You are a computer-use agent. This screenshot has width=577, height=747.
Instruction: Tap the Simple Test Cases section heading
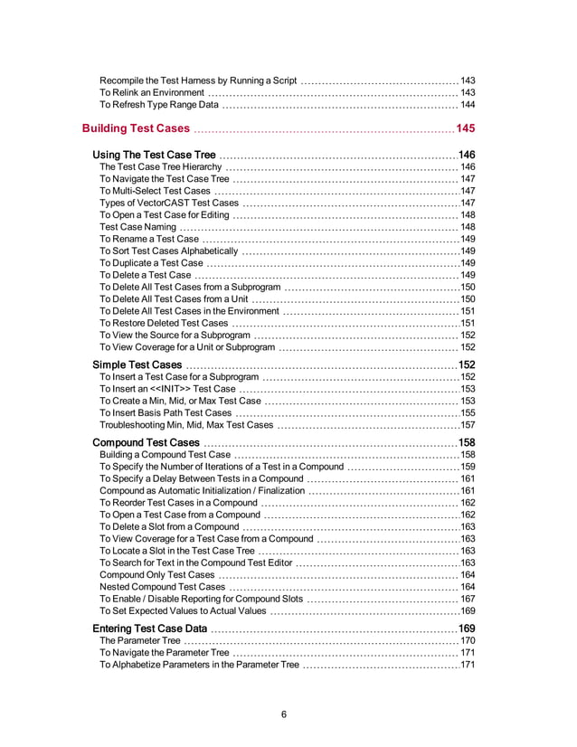pos(137,364)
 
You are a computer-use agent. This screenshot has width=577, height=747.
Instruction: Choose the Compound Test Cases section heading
pos(147,442)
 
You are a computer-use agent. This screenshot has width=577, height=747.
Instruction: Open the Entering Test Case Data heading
pos(151,629)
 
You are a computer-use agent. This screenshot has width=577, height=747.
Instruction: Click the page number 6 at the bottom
pos(284,714)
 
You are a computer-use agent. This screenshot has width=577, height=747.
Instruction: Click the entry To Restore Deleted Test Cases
pos(164,323)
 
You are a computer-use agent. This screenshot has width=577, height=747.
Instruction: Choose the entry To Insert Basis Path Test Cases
pos(166,412)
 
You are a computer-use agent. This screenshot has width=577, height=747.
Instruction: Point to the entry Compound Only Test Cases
pos(157,574)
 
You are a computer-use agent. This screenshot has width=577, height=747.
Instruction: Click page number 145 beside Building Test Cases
pos(466,128)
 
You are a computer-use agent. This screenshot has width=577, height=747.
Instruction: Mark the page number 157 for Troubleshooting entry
pos(468,424)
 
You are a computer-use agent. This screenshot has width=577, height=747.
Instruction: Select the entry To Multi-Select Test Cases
pos(155,191)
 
